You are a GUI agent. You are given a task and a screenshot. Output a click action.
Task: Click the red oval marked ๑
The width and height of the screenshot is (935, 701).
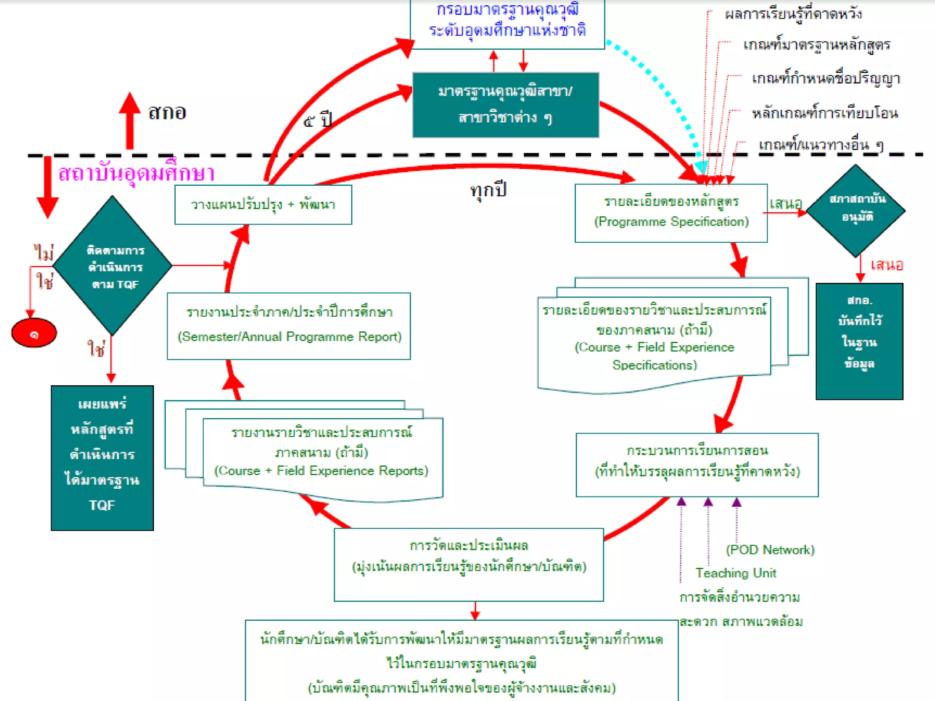[x=34, y=333]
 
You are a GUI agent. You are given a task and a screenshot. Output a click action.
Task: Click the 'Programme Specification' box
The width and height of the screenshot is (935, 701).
[x=671, y=213]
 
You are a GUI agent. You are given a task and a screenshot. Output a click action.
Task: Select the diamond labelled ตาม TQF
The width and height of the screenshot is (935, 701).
[x=112, y=266]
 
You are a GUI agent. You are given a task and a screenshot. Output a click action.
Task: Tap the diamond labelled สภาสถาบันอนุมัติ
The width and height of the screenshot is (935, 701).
[x=856, y=210]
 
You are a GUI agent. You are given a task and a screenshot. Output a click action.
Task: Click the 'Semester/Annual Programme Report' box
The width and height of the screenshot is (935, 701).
[x=289, y=326]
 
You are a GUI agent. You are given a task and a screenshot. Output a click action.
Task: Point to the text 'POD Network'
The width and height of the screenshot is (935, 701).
[x=770, y=549]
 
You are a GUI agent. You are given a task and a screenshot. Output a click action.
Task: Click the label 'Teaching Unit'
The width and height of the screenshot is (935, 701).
[x=735, y=573]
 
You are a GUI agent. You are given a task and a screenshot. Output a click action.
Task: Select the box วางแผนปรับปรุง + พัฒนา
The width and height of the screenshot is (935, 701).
[x=263, y=204]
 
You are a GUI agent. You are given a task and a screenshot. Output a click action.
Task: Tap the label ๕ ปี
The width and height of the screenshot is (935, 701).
[x=318, y=120]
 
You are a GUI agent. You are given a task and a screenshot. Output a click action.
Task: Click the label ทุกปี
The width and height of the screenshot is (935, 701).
[x=488, y=189]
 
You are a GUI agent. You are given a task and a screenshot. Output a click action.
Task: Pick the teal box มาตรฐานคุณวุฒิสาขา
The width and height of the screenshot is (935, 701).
[x=505, y=105]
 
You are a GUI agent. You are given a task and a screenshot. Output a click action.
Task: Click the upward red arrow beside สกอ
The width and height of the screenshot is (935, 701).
[x=130, y=120]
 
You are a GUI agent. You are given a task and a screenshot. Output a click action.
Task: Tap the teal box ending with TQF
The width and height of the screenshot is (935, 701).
[x=102, y=457]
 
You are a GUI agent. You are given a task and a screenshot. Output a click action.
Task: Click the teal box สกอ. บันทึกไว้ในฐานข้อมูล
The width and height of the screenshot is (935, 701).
[x=859, y=341]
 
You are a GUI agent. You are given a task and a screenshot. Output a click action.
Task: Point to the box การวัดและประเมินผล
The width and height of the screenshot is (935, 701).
[x=468, y=564]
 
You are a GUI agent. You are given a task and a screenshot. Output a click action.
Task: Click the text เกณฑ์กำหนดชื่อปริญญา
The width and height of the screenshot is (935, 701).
[x=825, y=78]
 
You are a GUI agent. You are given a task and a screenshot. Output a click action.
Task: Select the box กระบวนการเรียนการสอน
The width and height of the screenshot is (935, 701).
[x=697, y=464]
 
